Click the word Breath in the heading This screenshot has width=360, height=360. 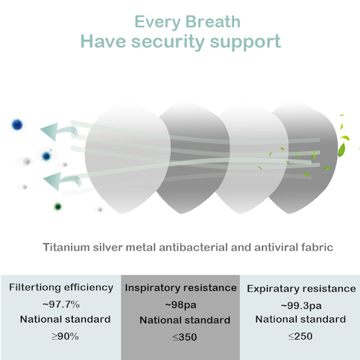pyautogui.click(x=212, y=22)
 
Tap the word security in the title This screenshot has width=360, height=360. pyautogui.click(x=168, y=42)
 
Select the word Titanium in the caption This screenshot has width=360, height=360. pyautogui.click(x=66, y=247)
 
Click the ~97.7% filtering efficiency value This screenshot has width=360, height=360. pyautogui.click(x=61, y=305)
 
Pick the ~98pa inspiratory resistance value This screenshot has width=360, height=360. pyautogui.click(x=181, y=305)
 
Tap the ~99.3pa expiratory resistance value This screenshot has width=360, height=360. pyautogui.click(x=301, y=306)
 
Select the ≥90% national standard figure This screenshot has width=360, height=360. pyautogui.click(x=66, y=336)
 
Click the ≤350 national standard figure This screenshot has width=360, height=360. pyautogui.click(x=185, y=337)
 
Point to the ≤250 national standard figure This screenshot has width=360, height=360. pyautogui.click(x=300, y=336)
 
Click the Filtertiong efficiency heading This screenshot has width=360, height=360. pyautogui.click(x=61, y=287)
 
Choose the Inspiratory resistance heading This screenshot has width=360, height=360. pyautogui.click(x=181, y=288)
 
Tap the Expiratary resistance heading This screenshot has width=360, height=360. pyautogui.click(x=302, y=289)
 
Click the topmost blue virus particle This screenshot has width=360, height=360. pyautogui.click(x=17, y=125)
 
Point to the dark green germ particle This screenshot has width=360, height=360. pyautogui.click(x=58, y=207)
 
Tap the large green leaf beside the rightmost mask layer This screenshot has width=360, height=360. pyautogui.click(x=342, y=149)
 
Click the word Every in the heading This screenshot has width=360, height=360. pyautogui.click(x=157, y=22)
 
